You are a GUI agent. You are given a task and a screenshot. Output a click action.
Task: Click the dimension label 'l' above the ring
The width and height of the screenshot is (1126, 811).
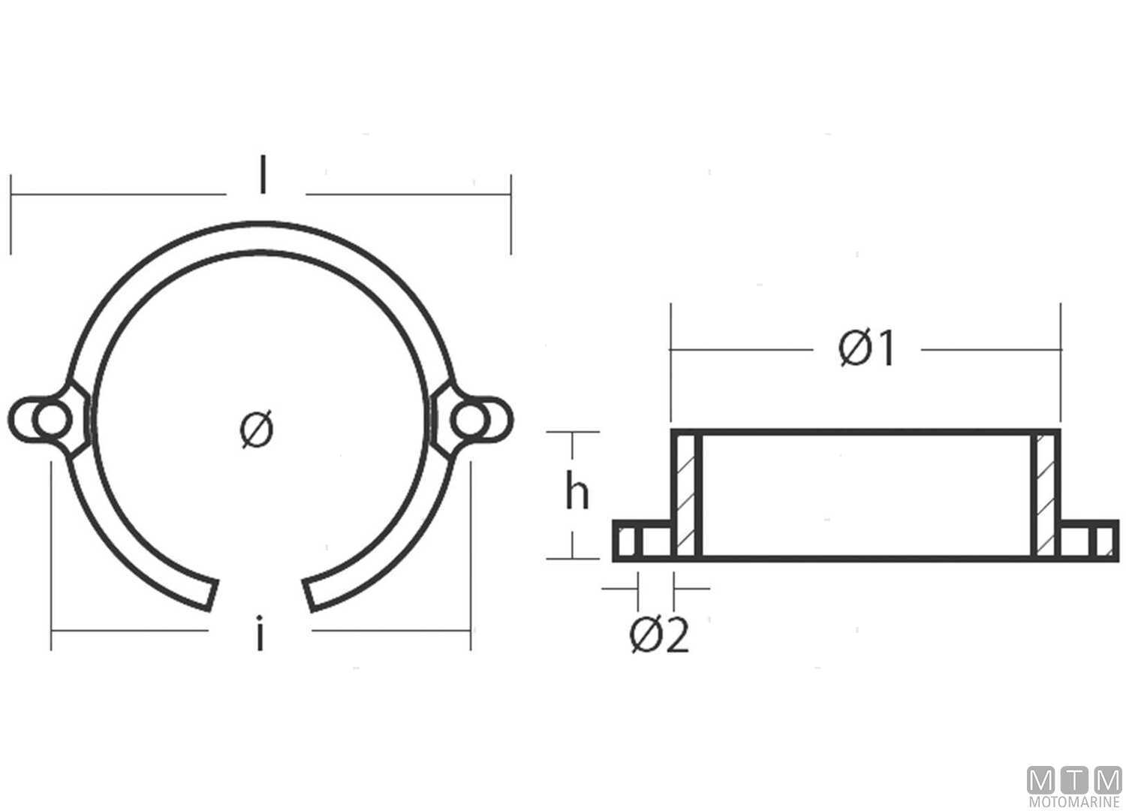262,178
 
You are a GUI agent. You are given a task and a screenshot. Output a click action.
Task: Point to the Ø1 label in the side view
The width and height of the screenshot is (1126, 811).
867,349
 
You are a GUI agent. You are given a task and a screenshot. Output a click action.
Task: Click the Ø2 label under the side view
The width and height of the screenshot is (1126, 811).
658,637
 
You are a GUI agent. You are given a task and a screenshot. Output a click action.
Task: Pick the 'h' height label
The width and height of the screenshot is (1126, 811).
577,494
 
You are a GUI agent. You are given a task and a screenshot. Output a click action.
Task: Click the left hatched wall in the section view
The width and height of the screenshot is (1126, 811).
685,495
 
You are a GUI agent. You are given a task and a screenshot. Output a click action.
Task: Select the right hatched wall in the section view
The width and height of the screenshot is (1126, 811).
1046,495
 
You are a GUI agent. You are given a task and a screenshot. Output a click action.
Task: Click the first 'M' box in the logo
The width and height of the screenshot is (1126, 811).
1040,781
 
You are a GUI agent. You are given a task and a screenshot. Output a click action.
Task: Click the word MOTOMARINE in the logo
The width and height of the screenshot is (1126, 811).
1074,803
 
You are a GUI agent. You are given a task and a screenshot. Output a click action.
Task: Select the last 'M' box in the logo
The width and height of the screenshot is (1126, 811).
1108,781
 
